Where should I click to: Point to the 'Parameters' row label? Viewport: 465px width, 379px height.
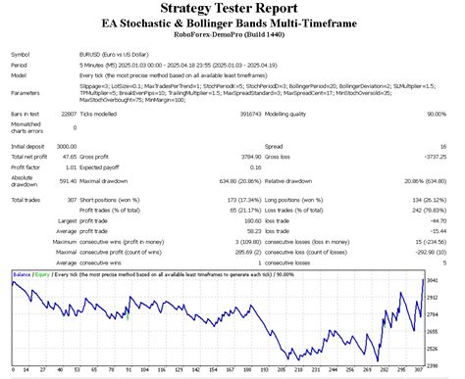(x=26, y=94)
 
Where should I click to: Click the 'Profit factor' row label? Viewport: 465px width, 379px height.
(x=26, y=166)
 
